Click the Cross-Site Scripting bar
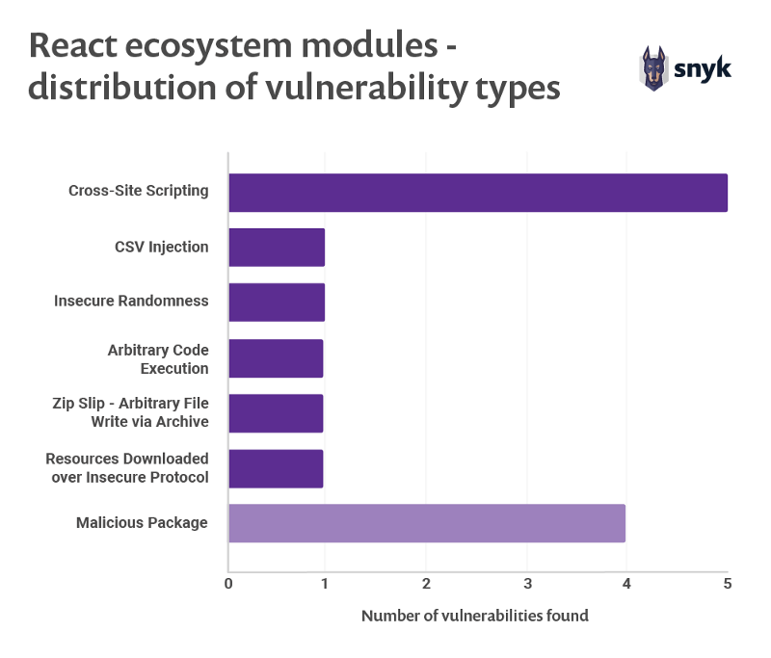pos(477,192)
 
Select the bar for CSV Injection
pos(277,247)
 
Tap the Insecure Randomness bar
pos(277,302)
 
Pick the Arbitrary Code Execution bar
pos(276,358)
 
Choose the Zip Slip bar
pos(276,412)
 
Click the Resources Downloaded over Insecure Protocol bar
pos(276,468)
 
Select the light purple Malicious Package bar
pos(427,523)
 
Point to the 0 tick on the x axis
pos(228,584)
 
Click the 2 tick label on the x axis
pos(427,584)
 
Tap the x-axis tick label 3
pos(527,584)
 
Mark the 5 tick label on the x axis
pos(727,584)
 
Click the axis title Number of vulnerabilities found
pos(474,616)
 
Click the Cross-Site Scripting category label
pos(139,191)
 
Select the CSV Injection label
pos(162,247)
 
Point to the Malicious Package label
pos(142,523)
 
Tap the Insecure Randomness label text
pos(131,301)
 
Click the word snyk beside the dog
pos(704,68)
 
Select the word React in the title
pos(78,46)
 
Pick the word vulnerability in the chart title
pos(346,89)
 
